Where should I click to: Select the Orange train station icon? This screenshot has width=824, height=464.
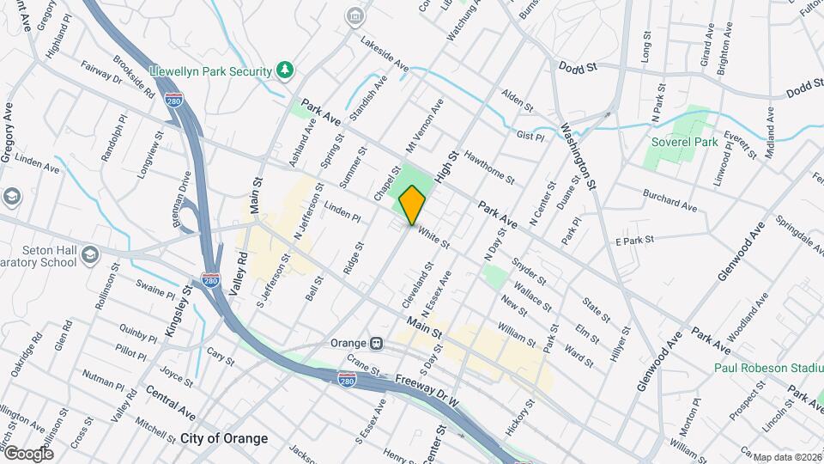(x=376, y=342)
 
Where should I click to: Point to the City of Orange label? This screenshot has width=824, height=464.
(x=224, y=438)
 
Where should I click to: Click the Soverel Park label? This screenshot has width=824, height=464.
(x=684, y=143)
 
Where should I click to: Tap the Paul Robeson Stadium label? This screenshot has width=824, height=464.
(x=769, y=368)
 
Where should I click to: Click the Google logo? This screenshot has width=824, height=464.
(x=28, y=452)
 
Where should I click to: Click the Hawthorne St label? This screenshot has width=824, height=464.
(x=488, y=168)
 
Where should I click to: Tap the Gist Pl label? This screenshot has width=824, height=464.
(x=531, y=136)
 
